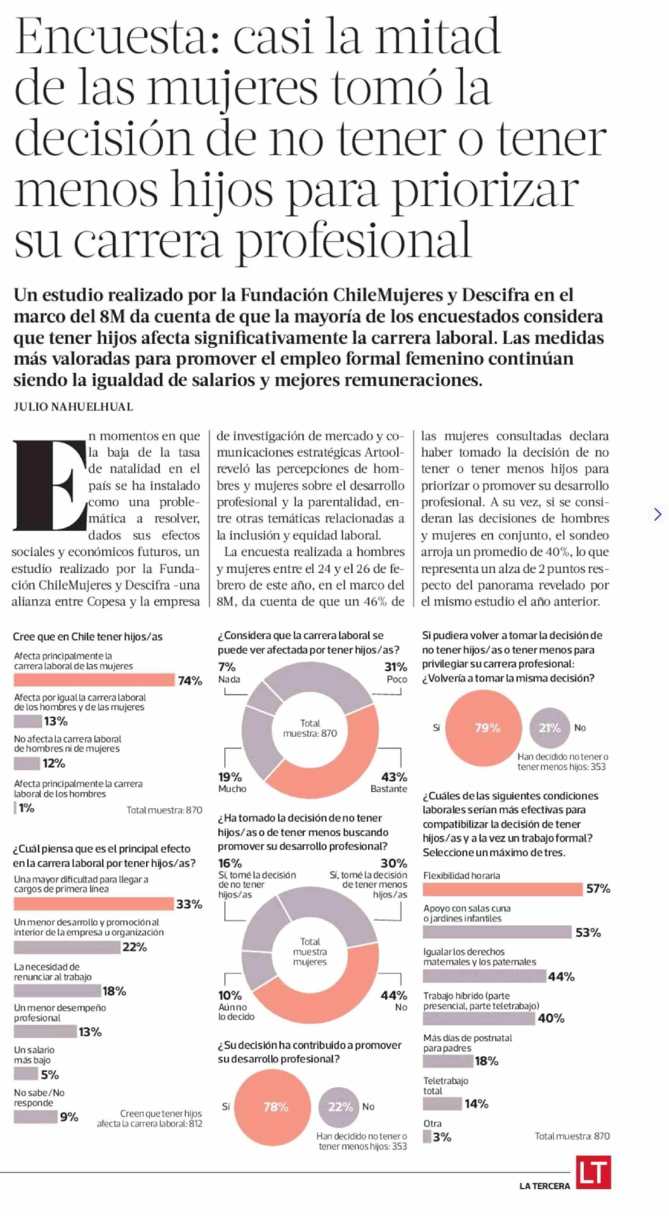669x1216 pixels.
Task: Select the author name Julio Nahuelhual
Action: click(x=73, y=407)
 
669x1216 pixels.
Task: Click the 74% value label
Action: click(x=190, y=681)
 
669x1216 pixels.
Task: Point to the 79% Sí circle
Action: click(x=484, y=728)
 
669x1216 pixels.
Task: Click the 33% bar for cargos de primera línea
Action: click(x=94, y=904)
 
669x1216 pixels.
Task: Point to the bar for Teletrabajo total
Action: click(x=442, y=1104)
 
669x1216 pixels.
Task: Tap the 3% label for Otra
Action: click(x=442, y=1137)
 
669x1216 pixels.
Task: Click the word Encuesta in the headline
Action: click(x=111, y=38)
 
